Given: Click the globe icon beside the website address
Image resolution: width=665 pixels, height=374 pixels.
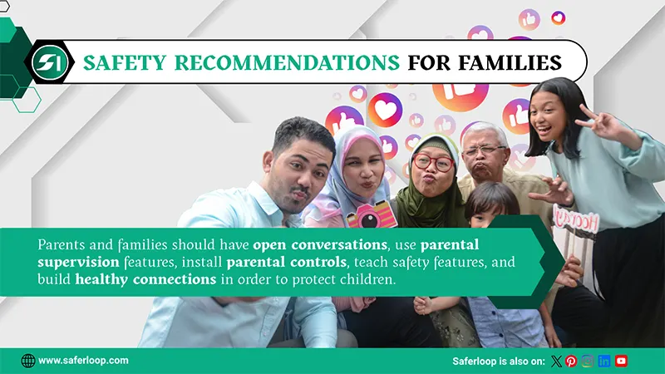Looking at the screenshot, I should point(28,361).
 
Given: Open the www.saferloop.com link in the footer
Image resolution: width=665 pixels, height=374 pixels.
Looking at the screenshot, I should point(83,361).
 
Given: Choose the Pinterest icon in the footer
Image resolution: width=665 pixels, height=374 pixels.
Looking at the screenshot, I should point(571,361).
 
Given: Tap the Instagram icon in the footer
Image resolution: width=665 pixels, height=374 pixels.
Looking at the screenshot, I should point(588,361).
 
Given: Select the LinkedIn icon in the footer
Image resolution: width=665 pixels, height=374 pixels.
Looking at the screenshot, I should point(604,361).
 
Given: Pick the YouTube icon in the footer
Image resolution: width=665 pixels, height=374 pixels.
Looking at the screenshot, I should point(621,361).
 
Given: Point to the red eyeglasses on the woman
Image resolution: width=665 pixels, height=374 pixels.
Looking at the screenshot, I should point(433,162).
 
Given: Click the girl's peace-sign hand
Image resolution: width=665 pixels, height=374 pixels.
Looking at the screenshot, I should point(601,123).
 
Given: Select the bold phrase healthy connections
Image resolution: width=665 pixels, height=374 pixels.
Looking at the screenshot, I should point(145,280).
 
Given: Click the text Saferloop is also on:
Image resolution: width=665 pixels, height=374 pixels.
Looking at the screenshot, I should point(498,361).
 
